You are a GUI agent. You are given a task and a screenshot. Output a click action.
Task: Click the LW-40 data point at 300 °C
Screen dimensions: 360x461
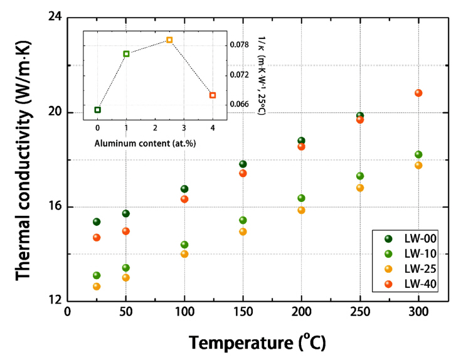418,93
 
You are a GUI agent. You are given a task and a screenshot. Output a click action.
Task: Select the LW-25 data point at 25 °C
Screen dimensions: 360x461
97,287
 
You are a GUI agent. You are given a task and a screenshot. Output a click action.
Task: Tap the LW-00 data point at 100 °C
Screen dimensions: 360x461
184,189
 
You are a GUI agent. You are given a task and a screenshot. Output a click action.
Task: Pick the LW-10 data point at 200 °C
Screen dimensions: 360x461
302,198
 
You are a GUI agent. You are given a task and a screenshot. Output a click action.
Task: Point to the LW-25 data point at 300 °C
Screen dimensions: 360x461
418,166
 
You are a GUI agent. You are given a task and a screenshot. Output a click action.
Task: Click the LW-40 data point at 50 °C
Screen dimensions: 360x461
125,231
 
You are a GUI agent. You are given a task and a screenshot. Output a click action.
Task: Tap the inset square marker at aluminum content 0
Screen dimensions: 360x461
97,110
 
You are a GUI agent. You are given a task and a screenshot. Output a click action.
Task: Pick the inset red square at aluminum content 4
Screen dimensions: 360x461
213,95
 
